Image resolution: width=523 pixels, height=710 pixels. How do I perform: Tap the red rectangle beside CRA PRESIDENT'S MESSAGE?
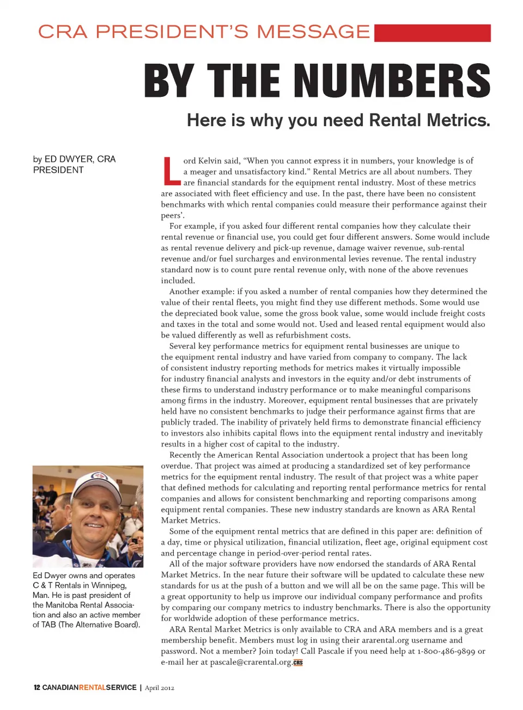pos(433,33)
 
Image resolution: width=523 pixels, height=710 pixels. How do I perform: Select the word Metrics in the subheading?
pos(458,120)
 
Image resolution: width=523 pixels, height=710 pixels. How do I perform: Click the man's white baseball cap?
pos(97,483)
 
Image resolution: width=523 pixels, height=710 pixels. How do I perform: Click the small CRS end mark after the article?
pos(298,663)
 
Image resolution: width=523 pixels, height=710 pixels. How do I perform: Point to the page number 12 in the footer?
pos(37,688)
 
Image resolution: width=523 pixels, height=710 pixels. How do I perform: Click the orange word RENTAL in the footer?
pos(92,688)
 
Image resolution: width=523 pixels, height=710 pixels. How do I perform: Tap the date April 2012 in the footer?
pos(160,688)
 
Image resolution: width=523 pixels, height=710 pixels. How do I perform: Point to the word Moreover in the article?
pos(287,400)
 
